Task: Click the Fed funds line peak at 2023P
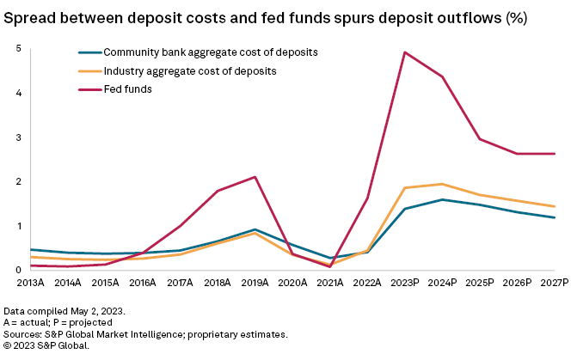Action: [x=404, y=52]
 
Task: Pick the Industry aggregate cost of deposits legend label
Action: [x=188, y=71]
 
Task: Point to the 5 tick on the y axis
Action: [x=18, y=48]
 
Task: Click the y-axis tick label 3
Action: [x=18, y=137]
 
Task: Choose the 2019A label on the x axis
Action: [x=254, y=283]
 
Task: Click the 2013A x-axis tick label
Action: [x=30, y=283]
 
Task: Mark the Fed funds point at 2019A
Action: [x=255, y=177]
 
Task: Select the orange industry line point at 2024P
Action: [x=441, y=184]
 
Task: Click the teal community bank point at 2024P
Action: [x=441, y=199]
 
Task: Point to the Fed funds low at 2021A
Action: [x=329, y=266]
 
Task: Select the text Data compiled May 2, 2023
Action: [x=62, y=309]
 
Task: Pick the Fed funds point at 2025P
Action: [x=479, y=139]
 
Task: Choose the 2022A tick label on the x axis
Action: [x=366, y=283]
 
